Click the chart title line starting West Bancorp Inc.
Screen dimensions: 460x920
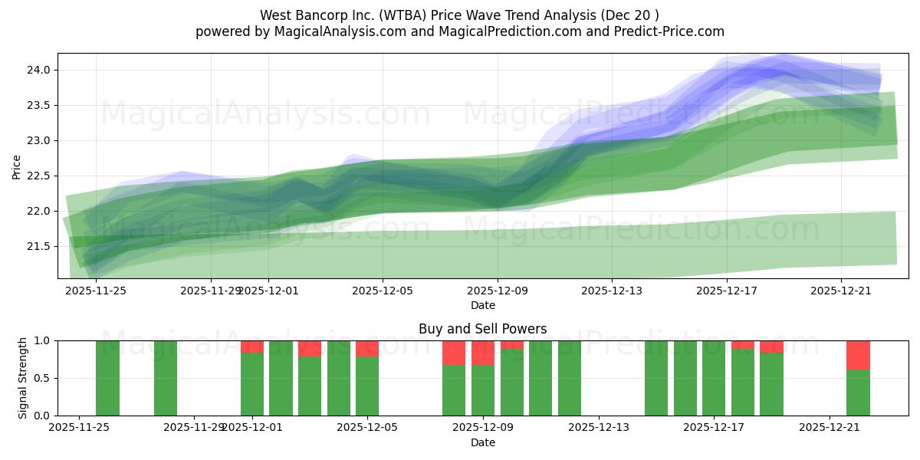pos(459,15)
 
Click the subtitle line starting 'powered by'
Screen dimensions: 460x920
pos(459,31)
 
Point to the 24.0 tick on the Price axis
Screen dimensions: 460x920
pos(38,70)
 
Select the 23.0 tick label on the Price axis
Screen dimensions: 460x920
pos(38,140)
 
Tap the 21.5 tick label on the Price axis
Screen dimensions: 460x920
pos(38,246)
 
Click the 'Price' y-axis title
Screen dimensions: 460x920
pos(17,166)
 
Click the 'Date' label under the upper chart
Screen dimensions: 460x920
pos(483,305)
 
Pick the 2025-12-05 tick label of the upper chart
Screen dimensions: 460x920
pos(383,291)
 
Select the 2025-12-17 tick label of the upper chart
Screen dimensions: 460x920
pos(726,291)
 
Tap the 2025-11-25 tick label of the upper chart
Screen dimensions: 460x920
pos(96,291)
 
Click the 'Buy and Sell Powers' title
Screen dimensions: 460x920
pos(483,330)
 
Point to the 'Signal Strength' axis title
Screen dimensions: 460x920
pos(23,378)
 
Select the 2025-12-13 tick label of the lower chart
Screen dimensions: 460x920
pos(599,428)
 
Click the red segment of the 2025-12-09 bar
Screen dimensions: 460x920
pos(483,353)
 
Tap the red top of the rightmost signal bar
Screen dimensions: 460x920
pos(858,355)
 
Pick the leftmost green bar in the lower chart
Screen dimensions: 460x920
pos(107,378)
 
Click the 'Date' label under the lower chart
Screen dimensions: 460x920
pos(483,442)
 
